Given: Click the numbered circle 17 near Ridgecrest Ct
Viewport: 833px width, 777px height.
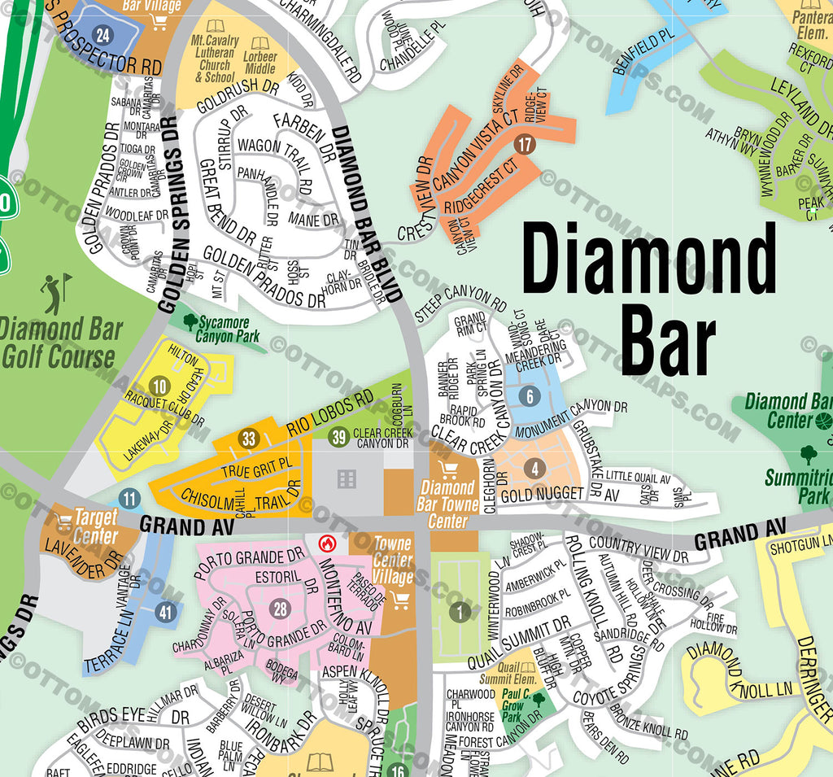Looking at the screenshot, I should click(525, 146).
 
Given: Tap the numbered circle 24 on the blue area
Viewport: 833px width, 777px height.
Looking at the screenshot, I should click(102, 35).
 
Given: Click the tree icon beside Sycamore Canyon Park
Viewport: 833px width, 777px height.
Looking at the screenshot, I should click(190, 322).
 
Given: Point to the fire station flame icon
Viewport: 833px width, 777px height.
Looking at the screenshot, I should click(328, 542).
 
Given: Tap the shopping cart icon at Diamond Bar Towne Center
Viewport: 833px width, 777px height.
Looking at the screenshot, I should click(447, 469).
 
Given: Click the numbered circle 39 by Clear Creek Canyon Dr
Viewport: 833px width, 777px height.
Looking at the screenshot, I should click(339, 438).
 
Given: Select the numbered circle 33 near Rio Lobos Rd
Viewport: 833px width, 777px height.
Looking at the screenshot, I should click(249, 440).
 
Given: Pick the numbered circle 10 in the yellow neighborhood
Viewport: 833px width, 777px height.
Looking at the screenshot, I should click(160, 387).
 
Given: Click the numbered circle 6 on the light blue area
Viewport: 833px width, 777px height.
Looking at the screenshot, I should click(530, 397).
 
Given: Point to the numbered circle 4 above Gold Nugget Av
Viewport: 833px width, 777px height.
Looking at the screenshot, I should click(534, 469).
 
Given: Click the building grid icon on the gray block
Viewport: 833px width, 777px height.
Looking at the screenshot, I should click(347, 478).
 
